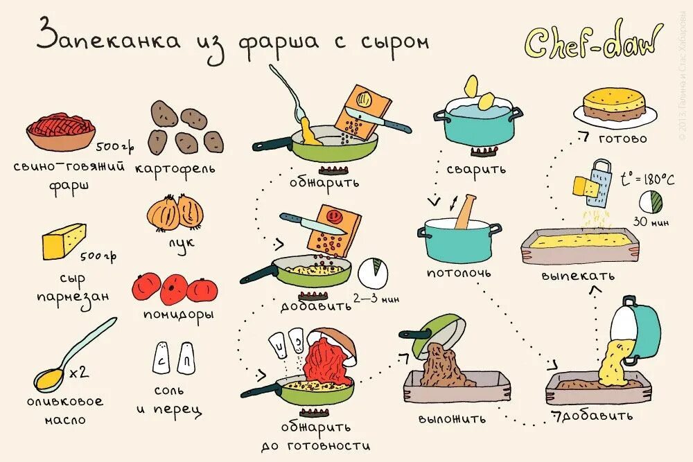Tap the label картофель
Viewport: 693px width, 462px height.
coord(175,168)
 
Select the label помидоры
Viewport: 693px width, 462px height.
coord(178,314)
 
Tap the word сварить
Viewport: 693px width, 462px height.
coord(476,168)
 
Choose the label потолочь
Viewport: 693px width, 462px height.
coord(458,272)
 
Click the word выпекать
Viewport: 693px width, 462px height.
coord(578,276)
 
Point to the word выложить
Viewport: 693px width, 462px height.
coord(453,419)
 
